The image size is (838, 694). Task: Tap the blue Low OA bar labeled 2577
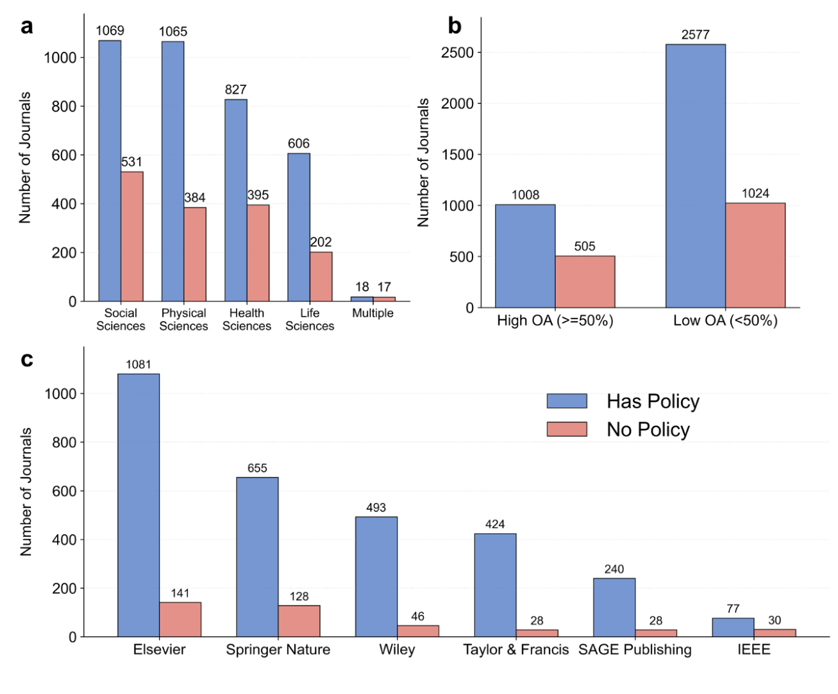pyautogui.click(x=695, y=176)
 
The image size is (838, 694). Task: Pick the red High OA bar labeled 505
pyautogui.click(x=585, y=282)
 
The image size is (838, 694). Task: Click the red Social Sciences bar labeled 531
pyautogui.click(x=132, y=236)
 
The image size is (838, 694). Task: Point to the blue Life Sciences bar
pyautogui.click(x=299, y=227)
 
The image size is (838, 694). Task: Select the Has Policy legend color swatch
pyautogui.click(x=567, y=401)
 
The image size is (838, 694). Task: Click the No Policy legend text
pyautogui.click(x=648, y=429)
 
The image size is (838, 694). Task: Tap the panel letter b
pyautogui.click(x=454, y=26)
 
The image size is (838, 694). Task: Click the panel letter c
pyautogui.click(x=26, y=359)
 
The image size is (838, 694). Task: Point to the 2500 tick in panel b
pyautogui.click(x=457, y=53)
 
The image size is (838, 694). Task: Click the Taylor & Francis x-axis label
pyautogui.click(x=515, y=650)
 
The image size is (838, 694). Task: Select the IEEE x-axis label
pyautogui.click(x=753, y=650)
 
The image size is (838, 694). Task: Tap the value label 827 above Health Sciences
pyautogui.click(x=235, y=90)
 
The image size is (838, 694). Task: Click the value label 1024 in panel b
pyautogui.click(x=755, y=194)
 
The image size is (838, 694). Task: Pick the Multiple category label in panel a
pyautogui.click(x=373, y=313)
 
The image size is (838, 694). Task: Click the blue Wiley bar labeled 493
pyautogui.click(x=376, y=576)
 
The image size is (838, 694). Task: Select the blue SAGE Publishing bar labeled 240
pyautogui.click(x=614, y=607)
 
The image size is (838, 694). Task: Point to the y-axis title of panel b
pyautogui.click(x=423, y=163)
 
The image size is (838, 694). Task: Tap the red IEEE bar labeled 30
pyautogui.click(x=775, y=632)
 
